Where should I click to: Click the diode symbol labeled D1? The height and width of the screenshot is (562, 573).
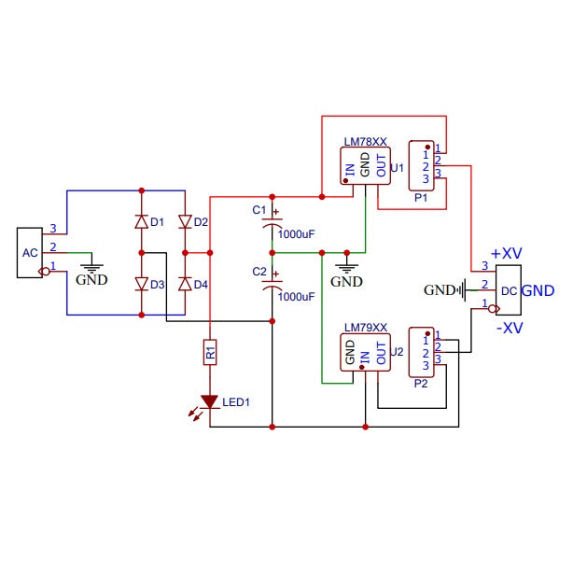[x=141, y=222]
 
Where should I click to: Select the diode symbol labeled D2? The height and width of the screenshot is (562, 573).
[x=184, y=222]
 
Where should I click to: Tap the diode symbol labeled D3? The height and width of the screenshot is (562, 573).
[x=141, y=284]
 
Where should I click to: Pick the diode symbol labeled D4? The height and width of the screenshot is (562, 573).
[x=184, y=284]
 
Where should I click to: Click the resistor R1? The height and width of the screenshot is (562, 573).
[x=210, y=352]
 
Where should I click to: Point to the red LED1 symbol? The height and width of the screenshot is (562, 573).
[x=210, y=402]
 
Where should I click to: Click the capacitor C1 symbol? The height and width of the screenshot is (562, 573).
[x=272, y=223]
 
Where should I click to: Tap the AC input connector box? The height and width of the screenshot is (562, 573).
[x=30, y=253]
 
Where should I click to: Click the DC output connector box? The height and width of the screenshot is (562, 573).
[x=508, y=289]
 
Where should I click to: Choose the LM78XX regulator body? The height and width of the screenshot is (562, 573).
[x=365, y=165]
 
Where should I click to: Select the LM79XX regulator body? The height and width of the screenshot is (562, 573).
[x=365, y=352]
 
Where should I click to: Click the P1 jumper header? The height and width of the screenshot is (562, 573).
[x=421, y=165]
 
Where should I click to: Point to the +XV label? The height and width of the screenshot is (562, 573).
[x=507, y=253]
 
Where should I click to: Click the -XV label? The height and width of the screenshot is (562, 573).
[x=509, y=327]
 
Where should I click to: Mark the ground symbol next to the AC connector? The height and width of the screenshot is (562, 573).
[x=91, y=266]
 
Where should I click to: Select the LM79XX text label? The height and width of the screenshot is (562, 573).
[x=365, y=328]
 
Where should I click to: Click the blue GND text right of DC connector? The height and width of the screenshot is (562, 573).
[x=538, y=290]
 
